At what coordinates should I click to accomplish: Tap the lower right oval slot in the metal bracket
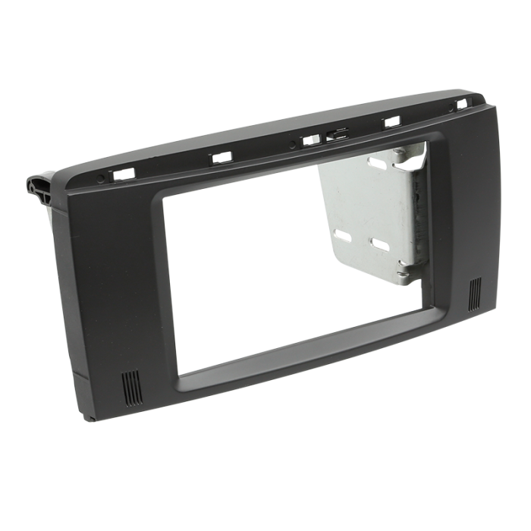pos(379,244)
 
